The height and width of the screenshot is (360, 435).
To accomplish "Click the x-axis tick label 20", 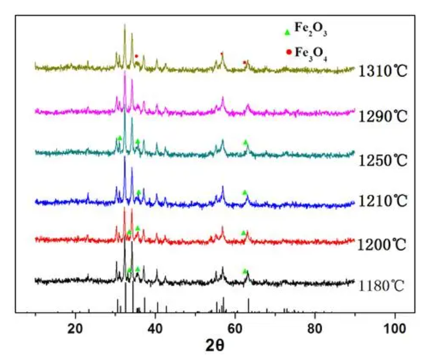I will pos(75,328).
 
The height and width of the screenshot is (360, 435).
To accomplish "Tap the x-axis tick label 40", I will pos(155,328).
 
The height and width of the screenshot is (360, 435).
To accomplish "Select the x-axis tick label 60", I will pos(235,328).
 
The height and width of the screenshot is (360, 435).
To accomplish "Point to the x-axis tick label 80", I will pos(315,328).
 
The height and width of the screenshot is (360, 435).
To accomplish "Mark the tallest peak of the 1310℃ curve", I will pos(124,26).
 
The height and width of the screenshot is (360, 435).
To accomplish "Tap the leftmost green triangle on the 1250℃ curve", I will pos(119,138).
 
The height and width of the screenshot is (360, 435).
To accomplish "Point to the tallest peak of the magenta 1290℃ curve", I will pos(124,71).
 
